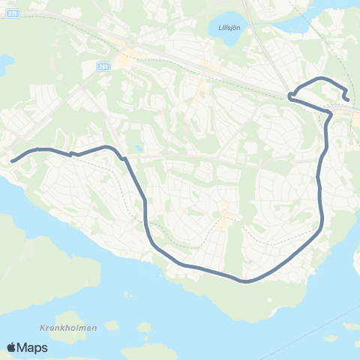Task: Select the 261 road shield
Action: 103,66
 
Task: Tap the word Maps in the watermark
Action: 34,347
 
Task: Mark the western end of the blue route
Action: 12,160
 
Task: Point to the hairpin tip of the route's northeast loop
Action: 289,95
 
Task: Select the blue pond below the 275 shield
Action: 4,64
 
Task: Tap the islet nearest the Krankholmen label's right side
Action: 111,325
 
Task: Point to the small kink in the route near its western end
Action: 70,154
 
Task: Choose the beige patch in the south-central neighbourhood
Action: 228,217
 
